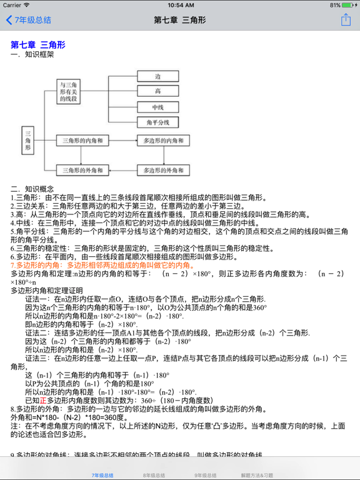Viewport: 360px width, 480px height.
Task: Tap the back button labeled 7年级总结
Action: coord(28,20)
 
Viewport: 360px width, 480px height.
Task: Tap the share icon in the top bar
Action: coord(346,20)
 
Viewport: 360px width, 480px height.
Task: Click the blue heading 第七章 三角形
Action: coord(38,45)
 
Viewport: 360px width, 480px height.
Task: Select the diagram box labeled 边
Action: coord(157,76)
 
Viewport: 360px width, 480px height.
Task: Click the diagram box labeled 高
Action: coord(157,91)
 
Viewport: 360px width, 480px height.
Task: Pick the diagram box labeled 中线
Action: coord(157,107)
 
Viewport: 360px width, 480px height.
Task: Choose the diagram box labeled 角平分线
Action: coord(157,122)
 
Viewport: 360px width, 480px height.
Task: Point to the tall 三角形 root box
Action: coord(28,141)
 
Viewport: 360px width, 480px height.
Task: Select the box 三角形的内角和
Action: coord(82,141)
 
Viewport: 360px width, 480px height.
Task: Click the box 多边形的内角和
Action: coord(162,141)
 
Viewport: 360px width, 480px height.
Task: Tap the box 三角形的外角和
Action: coord(82,169)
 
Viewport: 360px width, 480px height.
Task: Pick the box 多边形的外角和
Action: coord(162,169)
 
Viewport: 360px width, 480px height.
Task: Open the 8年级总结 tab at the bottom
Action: coord(154,475)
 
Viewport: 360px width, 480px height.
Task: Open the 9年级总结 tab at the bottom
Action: coord(206,475)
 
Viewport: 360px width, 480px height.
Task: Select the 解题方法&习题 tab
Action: coord(257,475)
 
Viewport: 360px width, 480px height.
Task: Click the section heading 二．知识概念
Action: coord(32,189)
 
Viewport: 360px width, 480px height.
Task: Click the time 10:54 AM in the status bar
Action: coord(180,5)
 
